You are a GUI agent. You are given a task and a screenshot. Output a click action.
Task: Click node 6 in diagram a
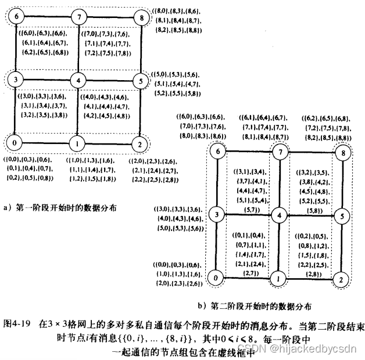(18, 17)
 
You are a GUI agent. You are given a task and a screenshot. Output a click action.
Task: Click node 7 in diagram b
(280, 153)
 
